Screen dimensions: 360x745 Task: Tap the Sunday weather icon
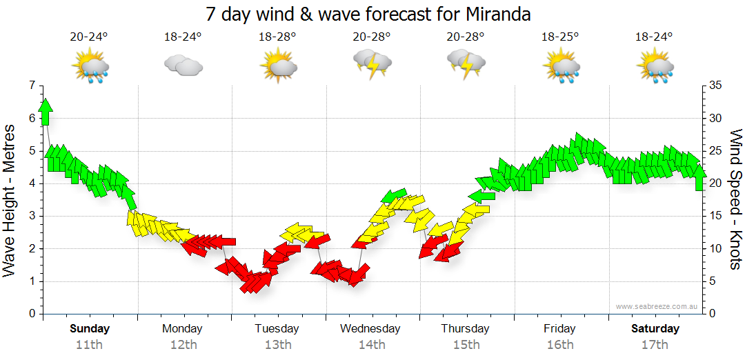90,66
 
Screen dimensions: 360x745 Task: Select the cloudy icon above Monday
183,66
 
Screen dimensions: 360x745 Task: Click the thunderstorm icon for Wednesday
372,65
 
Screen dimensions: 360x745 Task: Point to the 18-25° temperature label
559,37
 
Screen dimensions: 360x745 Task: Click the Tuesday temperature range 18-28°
277,37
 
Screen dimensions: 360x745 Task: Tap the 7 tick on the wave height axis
30,86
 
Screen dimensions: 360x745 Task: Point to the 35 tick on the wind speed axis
716,86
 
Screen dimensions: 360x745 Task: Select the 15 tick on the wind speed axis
716,216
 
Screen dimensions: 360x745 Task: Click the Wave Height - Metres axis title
10,200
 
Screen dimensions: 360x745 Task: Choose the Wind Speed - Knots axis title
735,200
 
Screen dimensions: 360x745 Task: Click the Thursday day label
466,329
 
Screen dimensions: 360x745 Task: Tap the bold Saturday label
655,329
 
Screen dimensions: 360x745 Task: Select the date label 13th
277,345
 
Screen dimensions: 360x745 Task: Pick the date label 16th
559,345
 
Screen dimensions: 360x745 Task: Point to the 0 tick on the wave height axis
30,314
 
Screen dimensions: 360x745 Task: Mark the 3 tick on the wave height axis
30,216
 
